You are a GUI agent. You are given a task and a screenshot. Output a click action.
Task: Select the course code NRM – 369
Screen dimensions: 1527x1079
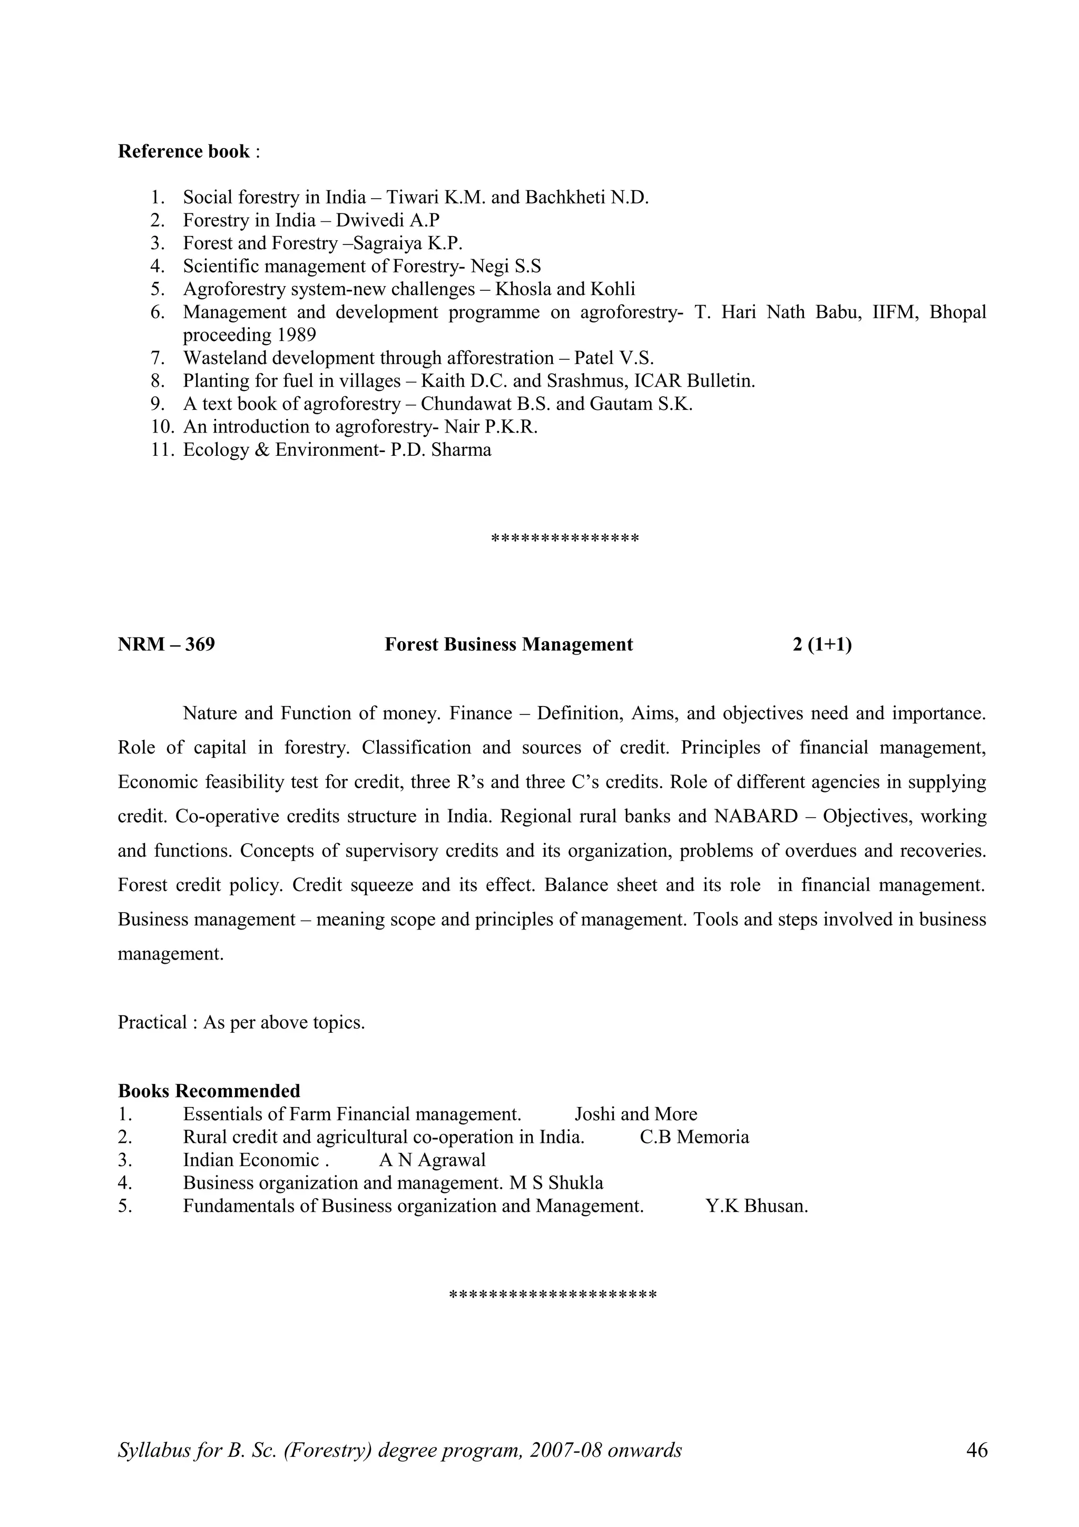pyautogui.click(x=166, y=644)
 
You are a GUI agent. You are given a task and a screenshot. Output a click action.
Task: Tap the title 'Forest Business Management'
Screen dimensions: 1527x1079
pyautogui.click(x=508, y=644)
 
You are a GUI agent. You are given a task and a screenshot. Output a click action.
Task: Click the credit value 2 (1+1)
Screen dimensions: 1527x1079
pyautogui.click(x=822, y=644)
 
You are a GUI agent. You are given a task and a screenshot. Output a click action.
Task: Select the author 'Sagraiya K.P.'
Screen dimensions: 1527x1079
pyautogui.click(x=408, y=243)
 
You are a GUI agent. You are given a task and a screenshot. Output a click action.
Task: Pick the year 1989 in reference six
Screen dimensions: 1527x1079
pyautogui.click(x=297, y=335)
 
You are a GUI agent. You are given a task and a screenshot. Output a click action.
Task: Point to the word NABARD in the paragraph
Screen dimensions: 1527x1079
pyautogui.click(x=755, y=816)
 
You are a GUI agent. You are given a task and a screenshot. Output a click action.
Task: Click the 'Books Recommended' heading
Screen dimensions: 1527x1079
pyautogui.click(x=209, y=1091)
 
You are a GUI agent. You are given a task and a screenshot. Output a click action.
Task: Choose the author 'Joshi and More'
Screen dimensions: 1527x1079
pyautogui.click(x=635, y=1114)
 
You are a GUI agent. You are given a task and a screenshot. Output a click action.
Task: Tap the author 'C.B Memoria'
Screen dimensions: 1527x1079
pyautogui.click(x=694, y=1137)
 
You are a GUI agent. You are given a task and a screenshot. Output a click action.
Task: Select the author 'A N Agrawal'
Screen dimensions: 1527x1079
pyautogui.click(x=432, y=1160)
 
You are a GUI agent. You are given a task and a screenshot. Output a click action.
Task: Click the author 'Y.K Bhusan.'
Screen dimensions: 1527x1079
pyautogui.click(x=756, y=1206)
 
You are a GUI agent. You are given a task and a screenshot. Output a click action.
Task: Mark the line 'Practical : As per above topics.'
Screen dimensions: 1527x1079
pyautogui.click(x=241, y=1022)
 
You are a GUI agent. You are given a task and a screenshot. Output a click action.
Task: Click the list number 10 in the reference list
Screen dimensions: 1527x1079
pyautogui.click(x=162, y=426)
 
